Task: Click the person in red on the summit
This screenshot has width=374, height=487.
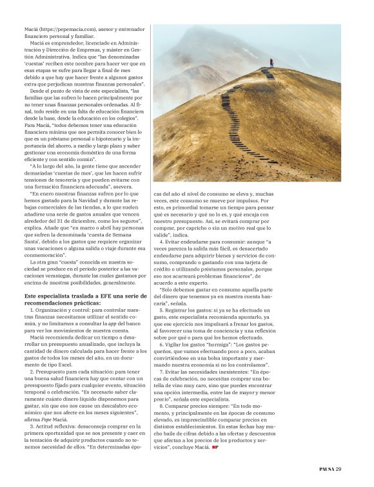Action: click(x=271, y=62)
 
